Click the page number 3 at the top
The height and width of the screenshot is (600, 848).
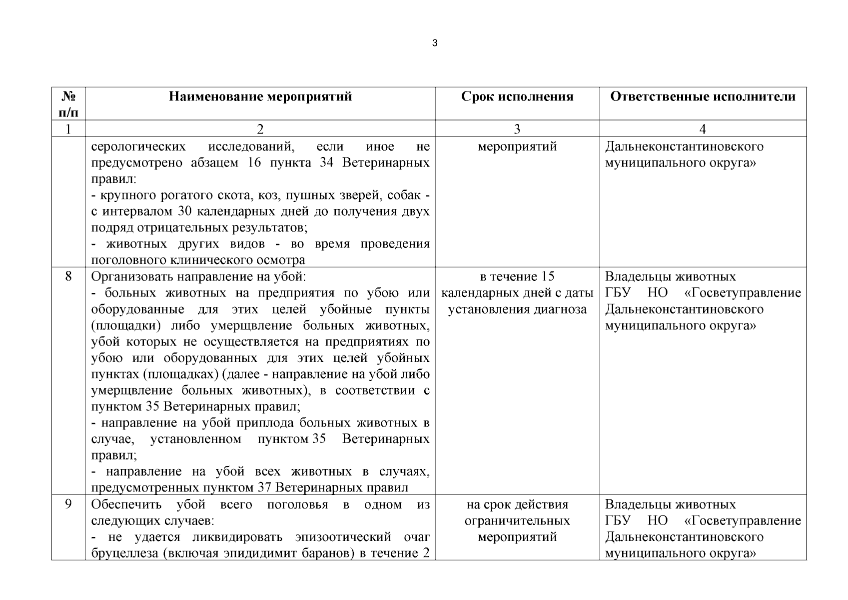click(434, 43)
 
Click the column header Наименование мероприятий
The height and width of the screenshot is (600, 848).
click(260, 96)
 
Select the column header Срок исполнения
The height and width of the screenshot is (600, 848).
click(517, 96)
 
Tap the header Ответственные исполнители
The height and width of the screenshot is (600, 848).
click(703, 96)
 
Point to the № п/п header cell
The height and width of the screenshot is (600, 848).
click(68, 104)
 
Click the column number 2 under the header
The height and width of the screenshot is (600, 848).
click(260, 129)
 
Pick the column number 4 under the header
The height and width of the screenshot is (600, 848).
click(703, 129)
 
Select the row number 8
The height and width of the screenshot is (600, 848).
click(68, 276)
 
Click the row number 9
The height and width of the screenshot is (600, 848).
click(68, 504)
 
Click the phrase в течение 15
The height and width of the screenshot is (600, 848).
click(517, 276)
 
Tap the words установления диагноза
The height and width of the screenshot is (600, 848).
click(517, 309)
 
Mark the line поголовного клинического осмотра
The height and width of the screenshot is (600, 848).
click(198, 260)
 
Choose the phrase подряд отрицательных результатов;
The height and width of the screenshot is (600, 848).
click(199, 227)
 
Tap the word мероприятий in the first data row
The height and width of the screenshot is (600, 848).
click(517, 147)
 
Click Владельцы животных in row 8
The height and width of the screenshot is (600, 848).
click(670, 276)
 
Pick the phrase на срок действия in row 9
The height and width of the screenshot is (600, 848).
click(517, 504)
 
